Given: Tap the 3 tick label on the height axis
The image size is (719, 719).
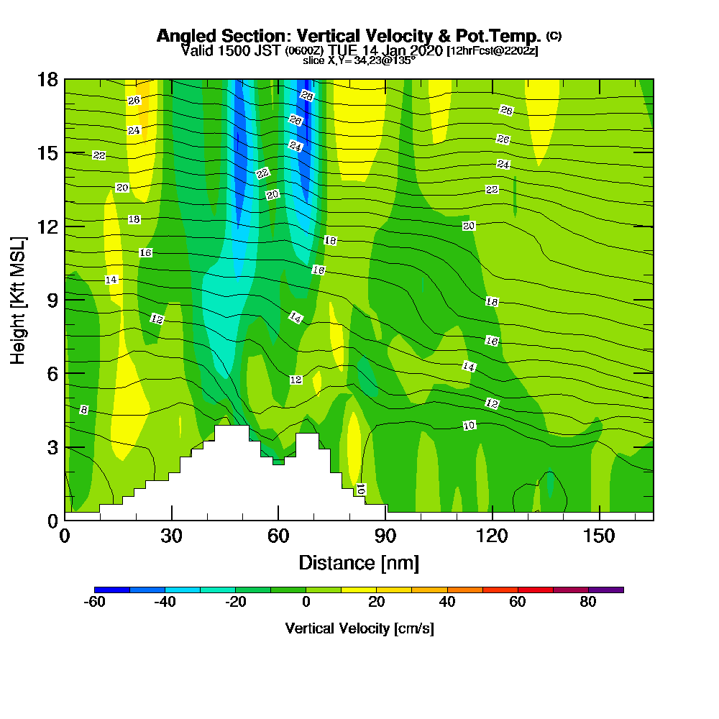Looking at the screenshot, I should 52,446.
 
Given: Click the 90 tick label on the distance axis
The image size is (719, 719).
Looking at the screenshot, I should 385,536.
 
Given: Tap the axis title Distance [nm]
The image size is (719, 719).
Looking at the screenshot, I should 359,562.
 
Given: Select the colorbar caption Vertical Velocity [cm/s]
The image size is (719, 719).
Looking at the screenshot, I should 359,628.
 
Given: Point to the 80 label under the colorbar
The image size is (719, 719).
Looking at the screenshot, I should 588,603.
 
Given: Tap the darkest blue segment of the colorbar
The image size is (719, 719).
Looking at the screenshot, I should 111,590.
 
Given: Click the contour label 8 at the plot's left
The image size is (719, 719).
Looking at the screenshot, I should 83,410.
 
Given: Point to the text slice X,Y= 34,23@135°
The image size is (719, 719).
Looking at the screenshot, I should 359,61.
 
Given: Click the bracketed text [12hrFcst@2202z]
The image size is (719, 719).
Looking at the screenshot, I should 493,51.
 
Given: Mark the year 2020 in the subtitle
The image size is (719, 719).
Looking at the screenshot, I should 425,51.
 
